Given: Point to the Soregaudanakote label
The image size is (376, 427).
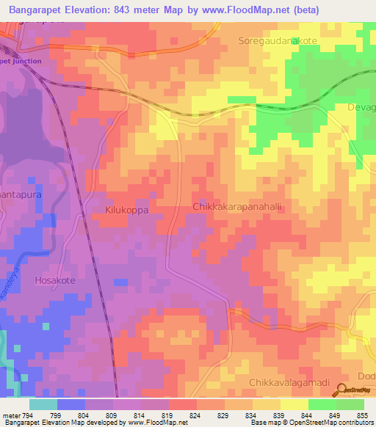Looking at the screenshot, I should point(277,42).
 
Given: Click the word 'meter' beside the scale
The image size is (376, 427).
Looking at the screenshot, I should point(9,415).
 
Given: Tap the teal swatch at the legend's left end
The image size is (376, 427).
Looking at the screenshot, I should point(43,404).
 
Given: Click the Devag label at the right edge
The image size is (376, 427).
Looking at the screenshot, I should point(361,108).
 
